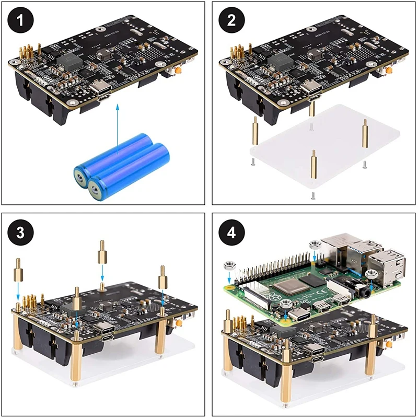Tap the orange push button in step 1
coord(178,70)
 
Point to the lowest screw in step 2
coord(312,196)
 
